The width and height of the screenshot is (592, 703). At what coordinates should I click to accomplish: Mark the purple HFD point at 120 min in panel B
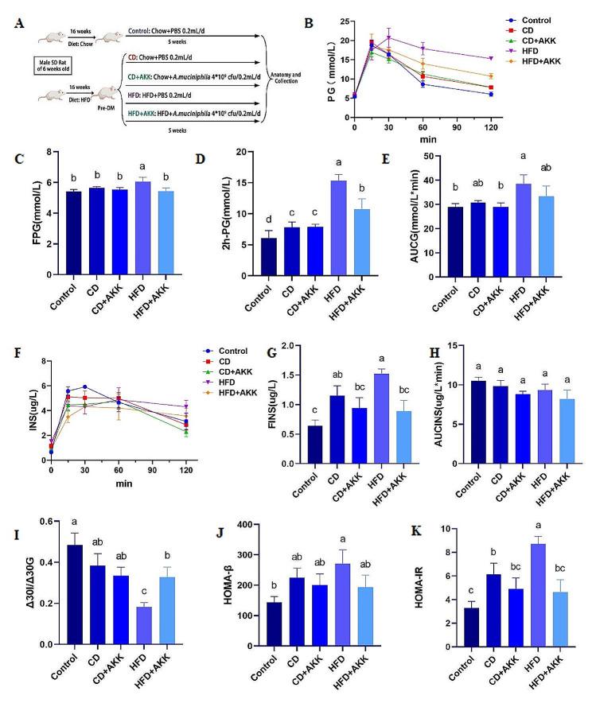496,58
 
